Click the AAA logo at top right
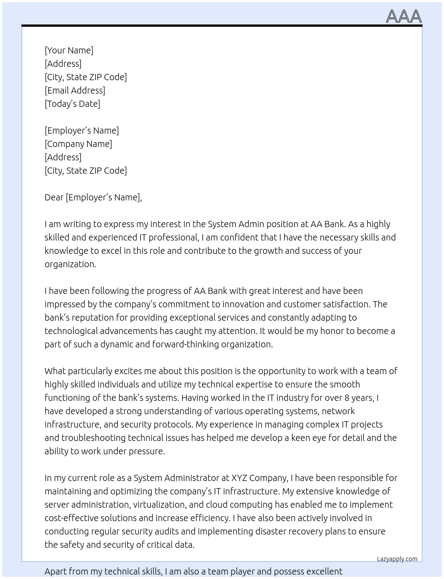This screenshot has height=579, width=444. [403, 16]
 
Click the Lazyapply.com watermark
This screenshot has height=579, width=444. [397, 559]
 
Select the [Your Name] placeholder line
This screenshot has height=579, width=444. [69, 50]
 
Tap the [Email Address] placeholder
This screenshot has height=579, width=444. [75, 90]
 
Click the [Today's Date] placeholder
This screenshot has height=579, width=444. [72, 104]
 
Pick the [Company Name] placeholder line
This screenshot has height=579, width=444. [78, 144]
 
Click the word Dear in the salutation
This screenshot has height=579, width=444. [54, 197]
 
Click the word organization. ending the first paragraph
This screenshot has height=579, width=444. [70, 264]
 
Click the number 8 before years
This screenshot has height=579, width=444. [347, 398]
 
